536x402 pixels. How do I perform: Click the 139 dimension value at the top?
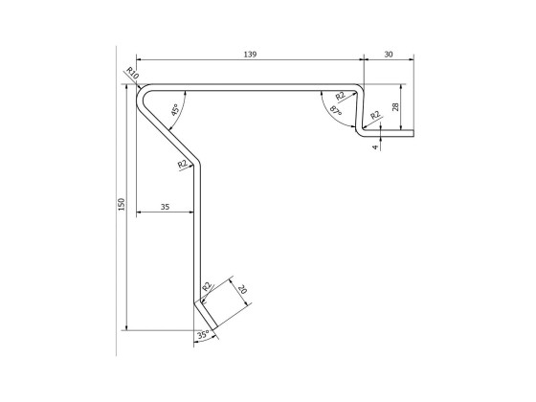coord(250,55)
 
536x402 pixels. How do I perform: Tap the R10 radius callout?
coord(132,74)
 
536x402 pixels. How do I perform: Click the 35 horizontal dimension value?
coord(165,204)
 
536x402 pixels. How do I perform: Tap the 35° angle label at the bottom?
coord(202,335)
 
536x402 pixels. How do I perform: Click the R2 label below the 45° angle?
coord(182,165)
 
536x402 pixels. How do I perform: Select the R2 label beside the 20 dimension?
coord(207,285)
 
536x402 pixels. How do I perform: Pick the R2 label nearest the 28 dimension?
coord(375,116)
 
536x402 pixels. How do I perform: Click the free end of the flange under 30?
coord(414,133)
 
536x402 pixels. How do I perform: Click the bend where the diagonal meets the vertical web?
coord(198,164)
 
